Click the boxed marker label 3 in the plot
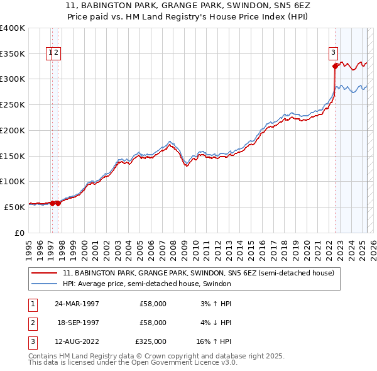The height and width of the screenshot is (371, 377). pos(333,53)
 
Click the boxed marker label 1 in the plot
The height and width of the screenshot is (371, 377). pos(50,53)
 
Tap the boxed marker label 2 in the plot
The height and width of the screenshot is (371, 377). pos(57,53)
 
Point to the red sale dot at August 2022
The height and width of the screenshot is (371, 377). pos(335,65)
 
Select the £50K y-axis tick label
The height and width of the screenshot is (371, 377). pos(14,207)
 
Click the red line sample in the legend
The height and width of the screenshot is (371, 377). pos(45,273)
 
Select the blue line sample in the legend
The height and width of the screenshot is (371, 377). pos(45,284)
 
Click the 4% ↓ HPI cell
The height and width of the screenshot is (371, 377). pos(215,323)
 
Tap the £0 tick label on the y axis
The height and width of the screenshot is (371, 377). pos(19,233)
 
